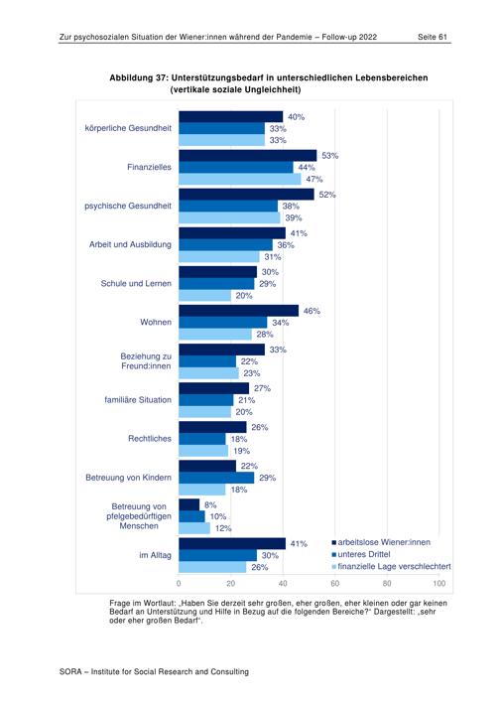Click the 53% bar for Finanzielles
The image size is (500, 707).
[x=248, y=156]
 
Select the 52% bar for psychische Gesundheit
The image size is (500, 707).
[x=246, y=195]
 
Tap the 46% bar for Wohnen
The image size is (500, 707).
[x=239, y=311]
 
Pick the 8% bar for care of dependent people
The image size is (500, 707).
[x=189, y=504]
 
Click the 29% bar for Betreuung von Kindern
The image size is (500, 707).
[x=216, y=478]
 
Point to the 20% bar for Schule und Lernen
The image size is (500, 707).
[x=205, y=295]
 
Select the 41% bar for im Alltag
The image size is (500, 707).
[x=232, y=543]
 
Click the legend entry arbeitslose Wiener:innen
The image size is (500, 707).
[x=381, y=542]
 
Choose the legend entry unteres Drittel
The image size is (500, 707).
[x=361, y=554]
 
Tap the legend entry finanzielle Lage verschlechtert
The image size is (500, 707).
[x=392, y=566]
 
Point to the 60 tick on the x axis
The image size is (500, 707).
[x=335, y=584]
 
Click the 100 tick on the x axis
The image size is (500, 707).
[x=439, y=584]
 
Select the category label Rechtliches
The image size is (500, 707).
[x=150, y=438]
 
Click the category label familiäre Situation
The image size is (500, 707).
[x=138, y=399]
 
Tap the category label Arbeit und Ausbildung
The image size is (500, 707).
[x=130, y=244]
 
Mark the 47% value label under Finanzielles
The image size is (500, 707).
[x=314, y=179]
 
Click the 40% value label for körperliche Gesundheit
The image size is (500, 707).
[x=296, y=117]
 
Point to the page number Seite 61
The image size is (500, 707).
[x=432, y=37]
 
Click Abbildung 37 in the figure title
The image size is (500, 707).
[x=138, y=77]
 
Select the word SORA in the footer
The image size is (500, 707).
[x=70, y=672]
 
